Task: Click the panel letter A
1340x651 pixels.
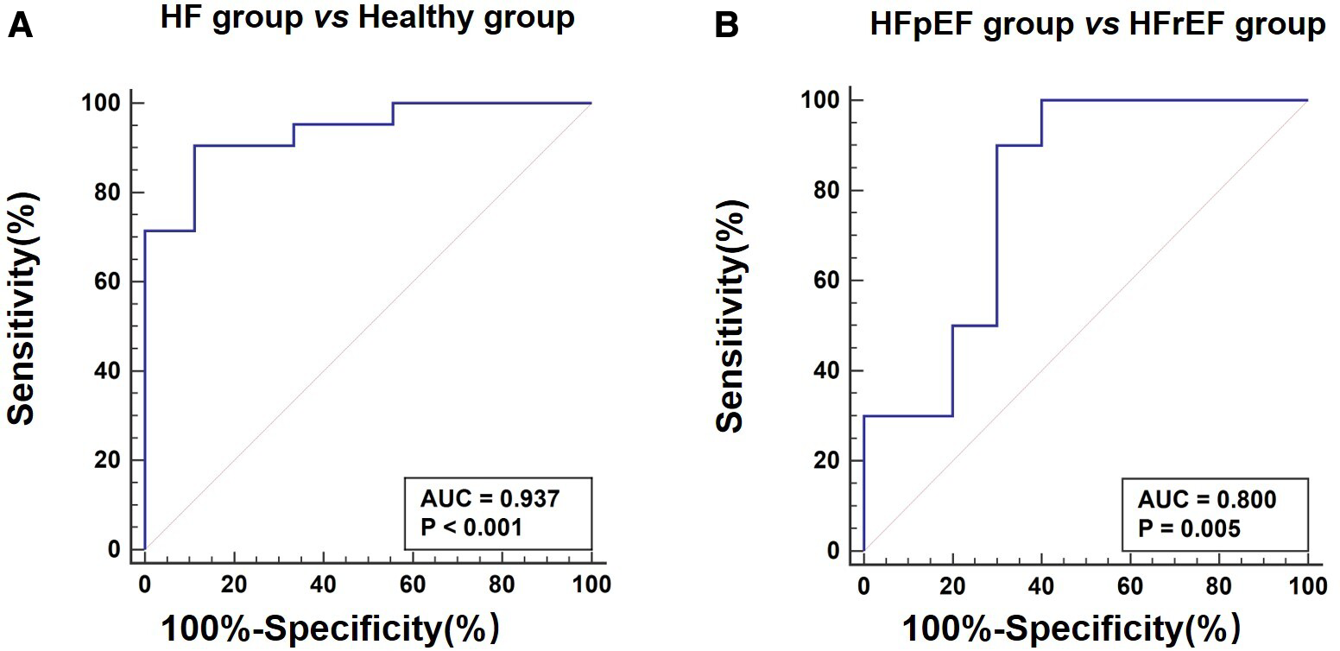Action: tap(20, 27)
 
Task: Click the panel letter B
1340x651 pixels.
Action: tap(728, 27)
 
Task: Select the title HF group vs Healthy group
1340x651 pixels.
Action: tap(367, 19)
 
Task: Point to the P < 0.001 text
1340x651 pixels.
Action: tap(471, 527)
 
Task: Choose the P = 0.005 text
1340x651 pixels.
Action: tap(1189, 528)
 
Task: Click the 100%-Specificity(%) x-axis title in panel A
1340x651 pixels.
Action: tap(330, 629)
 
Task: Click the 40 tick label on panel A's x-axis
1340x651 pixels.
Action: tap(323, 585)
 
